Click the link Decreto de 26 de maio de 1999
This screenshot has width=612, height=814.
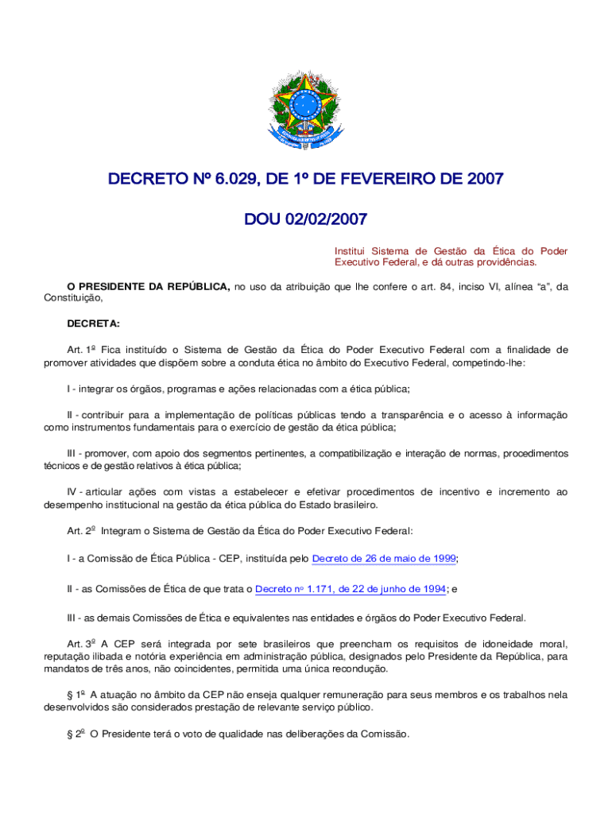pos(384,559)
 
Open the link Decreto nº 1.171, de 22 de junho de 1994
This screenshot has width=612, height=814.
pos(351,589)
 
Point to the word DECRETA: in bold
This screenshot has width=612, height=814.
pos(94,324)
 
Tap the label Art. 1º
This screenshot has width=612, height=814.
pos(81,349)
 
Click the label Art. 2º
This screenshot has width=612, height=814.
pos(81,530)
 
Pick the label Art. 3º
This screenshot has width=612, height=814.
pos(81,644)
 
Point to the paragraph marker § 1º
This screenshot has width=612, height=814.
pos(76,695)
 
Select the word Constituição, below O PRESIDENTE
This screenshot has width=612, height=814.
pos(73,299)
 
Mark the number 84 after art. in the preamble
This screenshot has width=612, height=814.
pos(447,287)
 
